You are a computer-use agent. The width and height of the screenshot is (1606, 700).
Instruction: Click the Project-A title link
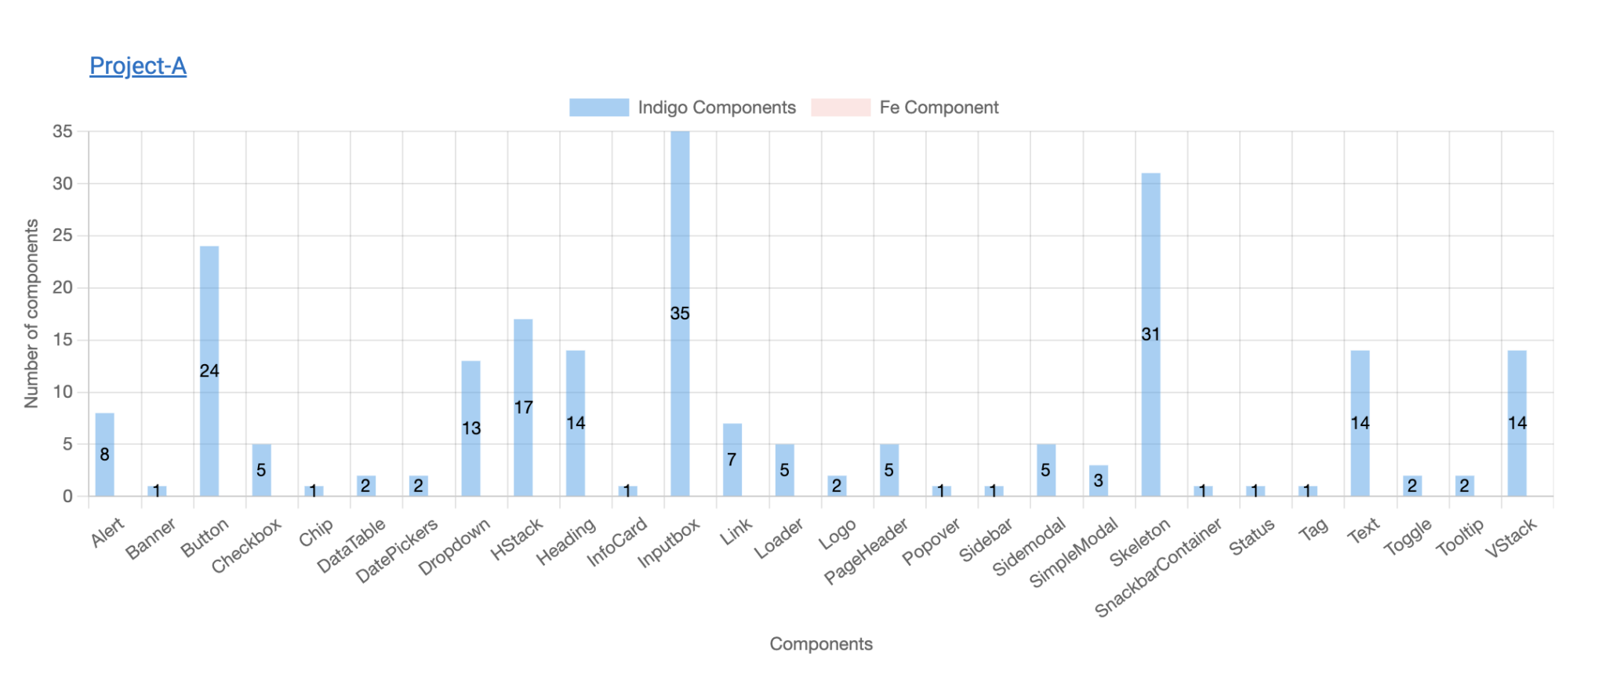138,66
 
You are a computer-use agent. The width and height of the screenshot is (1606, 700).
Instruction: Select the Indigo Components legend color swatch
598,108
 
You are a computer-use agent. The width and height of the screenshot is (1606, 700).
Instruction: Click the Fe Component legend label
939,108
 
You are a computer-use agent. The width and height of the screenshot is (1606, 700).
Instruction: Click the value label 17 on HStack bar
523,407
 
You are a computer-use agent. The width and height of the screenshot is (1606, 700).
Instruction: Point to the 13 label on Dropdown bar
471,428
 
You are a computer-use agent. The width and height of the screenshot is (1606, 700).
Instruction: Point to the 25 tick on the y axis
63,235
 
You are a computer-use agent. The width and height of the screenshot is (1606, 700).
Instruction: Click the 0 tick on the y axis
67,496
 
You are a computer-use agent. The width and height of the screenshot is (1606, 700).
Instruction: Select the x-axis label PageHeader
866,551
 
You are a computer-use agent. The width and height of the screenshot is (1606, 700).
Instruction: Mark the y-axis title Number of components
31,313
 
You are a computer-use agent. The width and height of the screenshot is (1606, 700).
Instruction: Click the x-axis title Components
820,644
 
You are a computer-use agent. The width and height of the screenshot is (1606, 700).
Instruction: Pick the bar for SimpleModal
1099,481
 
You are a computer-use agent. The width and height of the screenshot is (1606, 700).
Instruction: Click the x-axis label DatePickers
396,552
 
